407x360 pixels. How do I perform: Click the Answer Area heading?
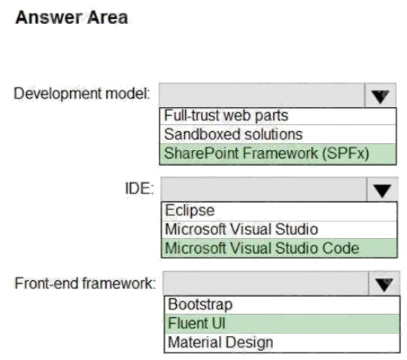click(x=71, y=17)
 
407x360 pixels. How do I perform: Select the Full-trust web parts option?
click(x=226, y=115)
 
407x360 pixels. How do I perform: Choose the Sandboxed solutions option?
click(x=233, y=134)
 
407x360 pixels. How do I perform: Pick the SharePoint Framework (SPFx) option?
click(x=266, y=154)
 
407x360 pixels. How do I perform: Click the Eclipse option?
click(x=190, y=210)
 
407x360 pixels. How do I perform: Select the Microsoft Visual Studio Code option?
click(x=262, y=248)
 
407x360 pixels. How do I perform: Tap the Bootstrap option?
click(x=200, y=304)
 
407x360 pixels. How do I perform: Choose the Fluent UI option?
click(x=196, y=323)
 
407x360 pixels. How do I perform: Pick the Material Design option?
click(x=220, y=343)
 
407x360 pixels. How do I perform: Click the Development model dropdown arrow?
click(x=380, y=95)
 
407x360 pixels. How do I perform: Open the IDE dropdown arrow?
click(x=382, y=190)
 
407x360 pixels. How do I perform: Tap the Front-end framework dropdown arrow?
click(x=384, y=284)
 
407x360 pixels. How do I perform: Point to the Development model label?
click(x=82, y=93)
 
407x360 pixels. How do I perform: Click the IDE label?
click(x=139, y=188)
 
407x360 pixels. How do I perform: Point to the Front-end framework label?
click(x=85, y=283)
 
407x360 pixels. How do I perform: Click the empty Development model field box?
click(x=262, y=95)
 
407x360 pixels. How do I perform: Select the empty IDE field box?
click(x=264, y=190)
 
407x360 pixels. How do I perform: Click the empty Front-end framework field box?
click(x=266, y=284)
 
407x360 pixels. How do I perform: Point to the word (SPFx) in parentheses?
click(x=345, y=154)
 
